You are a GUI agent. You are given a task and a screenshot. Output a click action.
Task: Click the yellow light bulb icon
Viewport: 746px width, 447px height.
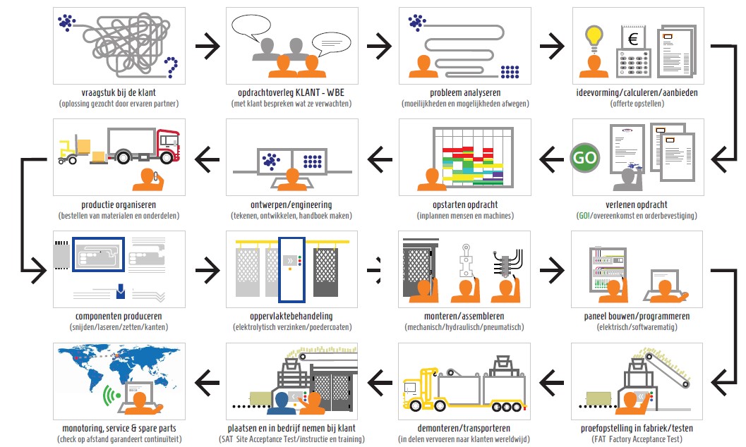[x=594, y=36]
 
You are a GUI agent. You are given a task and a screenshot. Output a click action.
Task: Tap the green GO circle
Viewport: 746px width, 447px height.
[x=584, y=157]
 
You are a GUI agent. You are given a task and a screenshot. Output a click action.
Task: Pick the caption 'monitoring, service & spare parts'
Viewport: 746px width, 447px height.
[x=119, y=428]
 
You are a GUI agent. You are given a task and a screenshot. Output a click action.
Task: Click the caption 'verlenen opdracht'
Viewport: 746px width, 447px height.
[x=637, y=204]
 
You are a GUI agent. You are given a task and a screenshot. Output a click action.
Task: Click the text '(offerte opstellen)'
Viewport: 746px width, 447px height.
[x=637, y=104]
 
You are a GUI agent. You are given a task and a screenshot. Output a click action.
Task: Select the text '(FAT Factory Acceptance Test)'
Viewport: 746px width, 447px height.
[x=637, y=439]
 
